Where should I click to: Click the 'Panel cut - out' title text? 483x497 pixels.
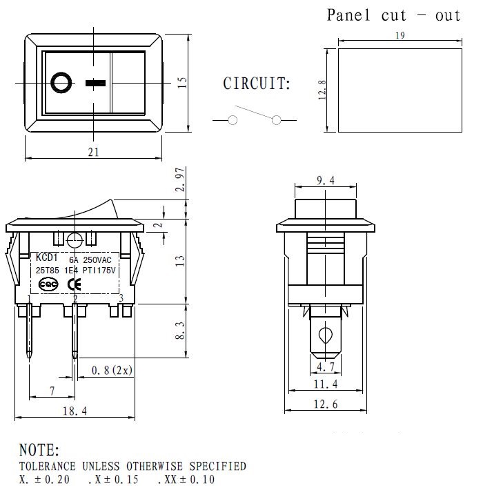[x=393, y=15]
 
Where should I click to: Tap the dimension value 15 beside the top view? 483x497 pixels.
[x=182, y=82]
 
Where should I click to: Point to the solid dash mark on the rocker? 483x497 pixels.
[x=95, y=84]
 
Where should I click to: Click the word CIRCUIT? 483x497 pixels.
[x=257, y=84]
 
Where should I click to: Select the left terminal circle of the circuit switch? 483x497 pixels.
[x=233, y=120]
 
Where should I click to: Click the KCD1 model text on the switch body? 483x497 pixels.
[x=48, y=257]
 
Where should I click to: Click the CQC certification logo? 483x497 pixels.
[x=48, y=284]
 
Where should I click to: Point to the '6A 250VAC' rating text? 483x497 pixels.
[x=90, y=260]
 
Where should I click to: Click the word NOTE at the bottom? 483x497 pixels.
[x=39, y=451]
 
